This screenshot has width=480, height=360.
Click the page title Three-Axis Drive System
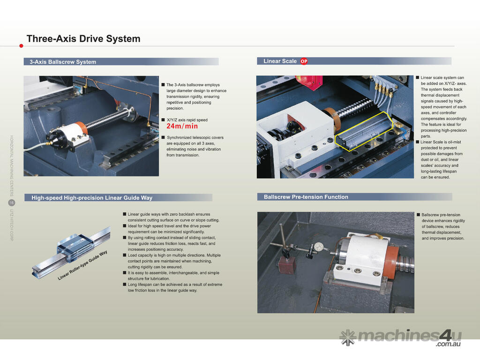(83, 39)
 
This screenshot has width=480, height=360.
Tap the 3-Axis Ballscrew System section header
(63, 62)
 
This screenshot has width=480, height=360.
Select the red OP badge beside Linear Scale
(304, 61)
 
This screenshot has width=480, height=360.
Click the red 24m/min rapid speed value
(182, 126)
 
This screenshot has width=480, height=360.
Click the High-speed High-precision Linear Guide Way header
(92, 198)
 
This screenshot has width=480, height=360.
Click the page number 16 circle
(11, 202)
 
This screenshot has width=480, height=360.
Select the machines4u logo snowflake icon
(347, 336)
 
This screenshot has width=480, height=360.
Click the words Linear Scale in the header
(280, 61)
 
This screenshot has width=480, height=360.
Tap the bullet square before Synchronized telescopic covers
(163, 137)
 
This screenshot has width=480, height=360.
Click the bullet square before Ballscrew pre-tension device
(418, 215)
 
